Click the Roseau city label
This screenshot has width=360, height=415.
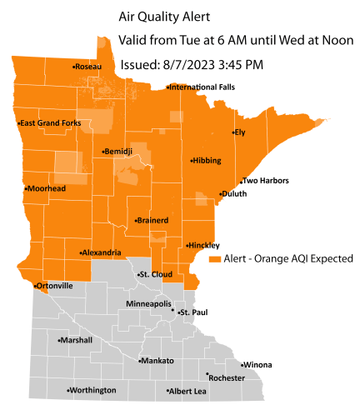pyautogui.click(x=87, y=67)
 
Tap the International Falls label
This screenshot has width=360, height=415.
pyautogui.click(x=203, y=87)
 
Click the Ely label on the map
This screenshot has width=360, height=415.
pyautogui.click(x=240, y=132)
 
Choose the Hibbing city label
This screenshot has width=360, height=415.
pyautogui.click(x=207, y=160)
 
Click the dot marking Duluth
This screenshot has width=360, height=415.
pyautogui.click(x=219, y=194)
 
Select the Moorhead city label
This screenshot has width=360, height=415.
pyautogui.click(x=47, y=188)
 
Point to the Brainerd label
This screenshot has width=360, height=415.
pyautogui.click(x=153, y=220)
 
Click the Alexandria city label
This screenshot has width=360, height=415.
pyautogui.click(x=102, y=252)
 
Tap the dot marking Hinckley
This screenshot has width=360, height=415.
pyautogui.click(x=186, y=245)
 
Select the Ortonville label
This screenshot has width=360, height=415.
pyautogui.click(x=56, y=286)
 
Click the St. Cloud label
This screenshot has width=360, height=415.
pyautogui.click(x=155, y=273)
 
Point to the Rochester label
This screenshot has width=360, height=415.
pyautogui.click(x=227, y=377)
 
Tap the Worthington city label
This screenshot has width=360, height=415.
pyautogui.click(x=92, y=390)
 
